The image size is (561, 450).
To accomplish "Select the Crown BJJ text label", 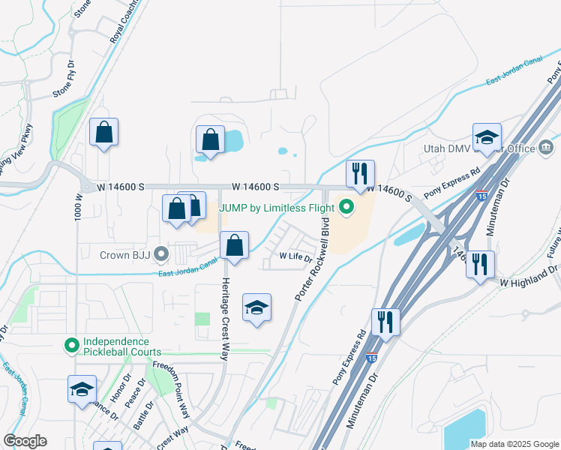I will tap(125, 255).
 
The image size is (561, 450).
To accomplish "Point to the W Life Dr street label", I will tap(295, 256).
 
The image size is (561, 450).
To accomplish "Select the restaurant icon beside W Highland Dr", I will tap(480, 264).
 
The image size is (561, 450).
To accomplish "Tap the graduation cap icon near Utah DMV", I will tap(487, 137).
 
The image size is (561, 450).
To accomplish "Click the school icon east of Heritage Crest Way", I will tap(256, 307).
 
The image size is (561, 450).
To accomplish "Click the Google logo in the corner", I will tap(25, 441).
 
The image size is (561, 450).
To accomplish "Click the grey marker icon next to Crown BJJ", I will tap(160, 255).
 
